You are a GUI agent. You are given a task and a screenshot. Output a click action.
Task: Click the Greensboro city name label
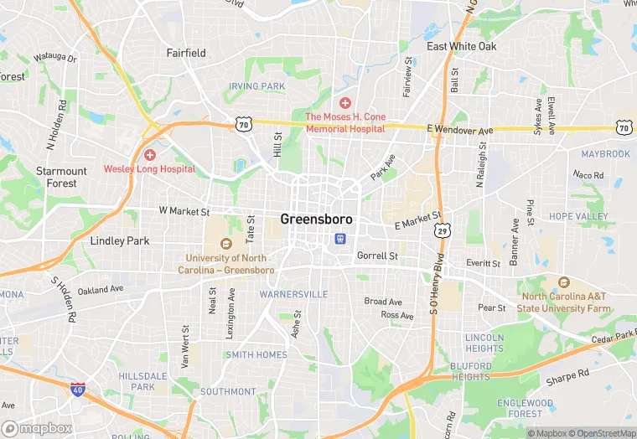pos(316,219)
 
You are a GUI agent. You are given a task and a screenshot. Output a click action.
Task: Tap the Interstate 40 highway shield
pos(78,390)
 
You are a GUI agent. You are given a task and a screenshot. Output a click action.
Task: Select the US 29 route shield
pos(443,229)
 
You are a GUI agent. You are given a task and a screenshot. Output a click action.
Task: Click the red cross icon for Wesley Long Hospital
pos(149,155)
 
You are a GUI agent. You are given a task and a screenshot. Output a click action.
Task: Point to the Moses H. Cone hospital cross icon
pos(344,102)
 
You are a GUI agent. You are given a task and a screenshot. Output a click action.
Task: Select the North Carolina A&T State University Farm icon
pos(563,282)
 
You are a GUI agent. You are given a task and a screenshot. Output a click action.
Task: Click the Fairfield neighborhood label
pos(186,53)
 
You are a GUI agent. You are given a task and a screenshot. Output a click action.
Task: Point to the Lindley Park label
pos(119,241)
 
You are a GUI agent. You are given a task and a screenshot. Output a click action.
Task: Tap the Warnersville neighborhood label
pos(293,295)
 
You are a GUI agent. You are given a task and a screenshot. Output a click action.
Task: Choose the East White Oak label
pos(462,47)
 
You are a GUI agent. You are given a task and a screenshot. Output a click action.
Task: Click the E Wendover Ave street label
pos(459,130)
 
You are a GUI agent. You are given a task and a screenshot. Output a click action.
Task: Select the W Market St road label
pos(184,212)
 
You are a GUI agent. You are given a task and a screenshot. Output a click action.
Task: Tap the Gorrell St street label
pos(377,256)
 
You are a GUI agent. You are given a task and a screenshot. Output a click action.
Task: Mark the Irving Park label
pos(256,86)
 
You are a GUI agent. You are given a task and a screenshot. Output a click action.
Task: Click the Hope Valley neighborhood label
pos(578,216)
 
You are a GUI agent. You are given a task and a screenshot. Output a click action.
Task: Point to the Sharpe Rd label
pos(567,376)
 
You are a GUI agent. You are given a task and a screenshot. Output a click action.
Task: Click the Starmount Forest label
pos(61,177)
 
